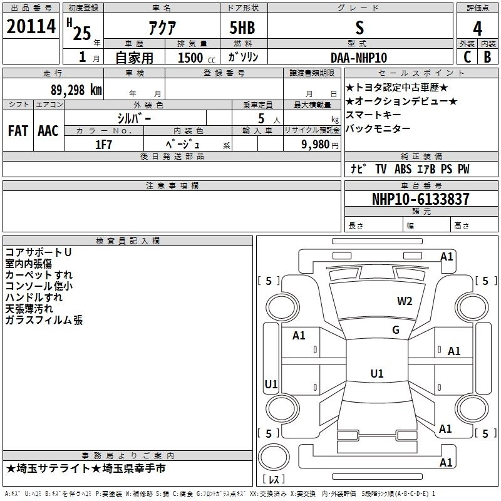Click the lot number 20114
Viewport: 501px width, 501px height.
(31, 26)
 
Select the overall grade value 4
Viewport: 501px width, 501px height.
(477, 28)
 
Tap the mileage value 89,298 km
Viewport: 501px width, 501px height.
(76, 90)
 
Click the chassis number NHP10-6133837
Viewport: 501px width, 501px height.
(421, 199)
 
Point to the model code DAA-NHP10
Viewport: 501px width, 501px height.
(359, 58)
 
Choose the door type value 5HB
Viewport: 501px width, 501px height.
(242, 28)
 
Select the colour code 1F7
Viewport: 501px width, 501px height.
(103, 145)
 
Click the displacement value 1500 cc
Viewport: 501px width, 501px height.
(197, 58)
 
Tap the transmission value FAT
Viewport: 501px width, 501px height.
(18, 131)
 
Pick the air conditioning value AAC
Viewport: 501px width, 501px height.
(48, 131)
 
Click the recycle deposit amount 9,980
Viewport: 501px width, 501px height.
(316, 145)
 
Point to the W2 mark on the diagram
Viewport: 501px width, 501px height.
(405, 301)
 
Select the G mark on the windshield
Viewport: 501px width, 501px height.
(396, 330)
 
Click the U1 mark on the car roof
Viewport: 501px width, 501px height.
(377, 373)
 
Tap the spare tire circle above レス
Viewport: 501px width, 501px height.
(274, 457)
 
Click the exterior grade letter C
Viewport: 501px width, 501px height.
(467, 57)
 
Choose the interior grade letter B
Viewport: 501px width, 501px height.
(488, 57)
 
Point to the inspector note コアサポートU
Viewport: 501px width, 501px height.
(38, 252)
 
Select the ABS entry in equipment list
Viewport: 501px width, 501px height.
(403, 169)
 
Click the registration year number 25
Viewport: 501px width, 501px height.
(82, 34)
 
